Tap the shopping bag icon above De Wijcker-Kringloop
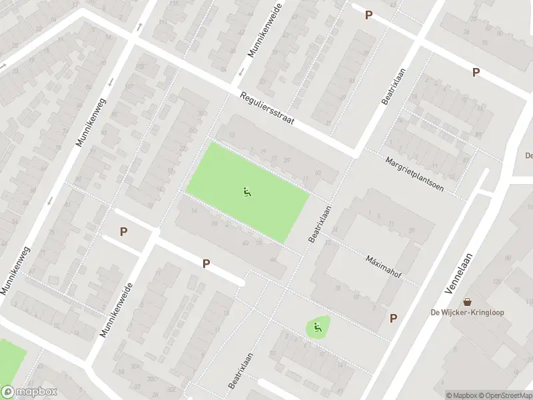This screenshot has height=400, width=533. [468, 302]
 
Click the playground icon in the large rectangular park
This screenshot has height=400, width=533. [247, 193]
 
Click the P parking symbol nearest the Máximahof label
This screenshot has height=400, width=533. [393, 319]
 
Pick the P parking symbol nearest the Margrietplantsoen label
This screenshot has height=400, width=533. [476, 73]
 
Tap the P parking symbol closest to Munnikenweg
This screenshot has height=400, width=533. [123, 231]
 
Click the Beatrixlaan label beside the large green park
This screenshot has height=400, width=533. [319, 223]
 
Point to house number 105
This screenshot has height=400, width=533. [140, 67]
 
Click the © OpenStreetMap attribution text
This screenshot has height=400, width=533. [503, 395]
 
